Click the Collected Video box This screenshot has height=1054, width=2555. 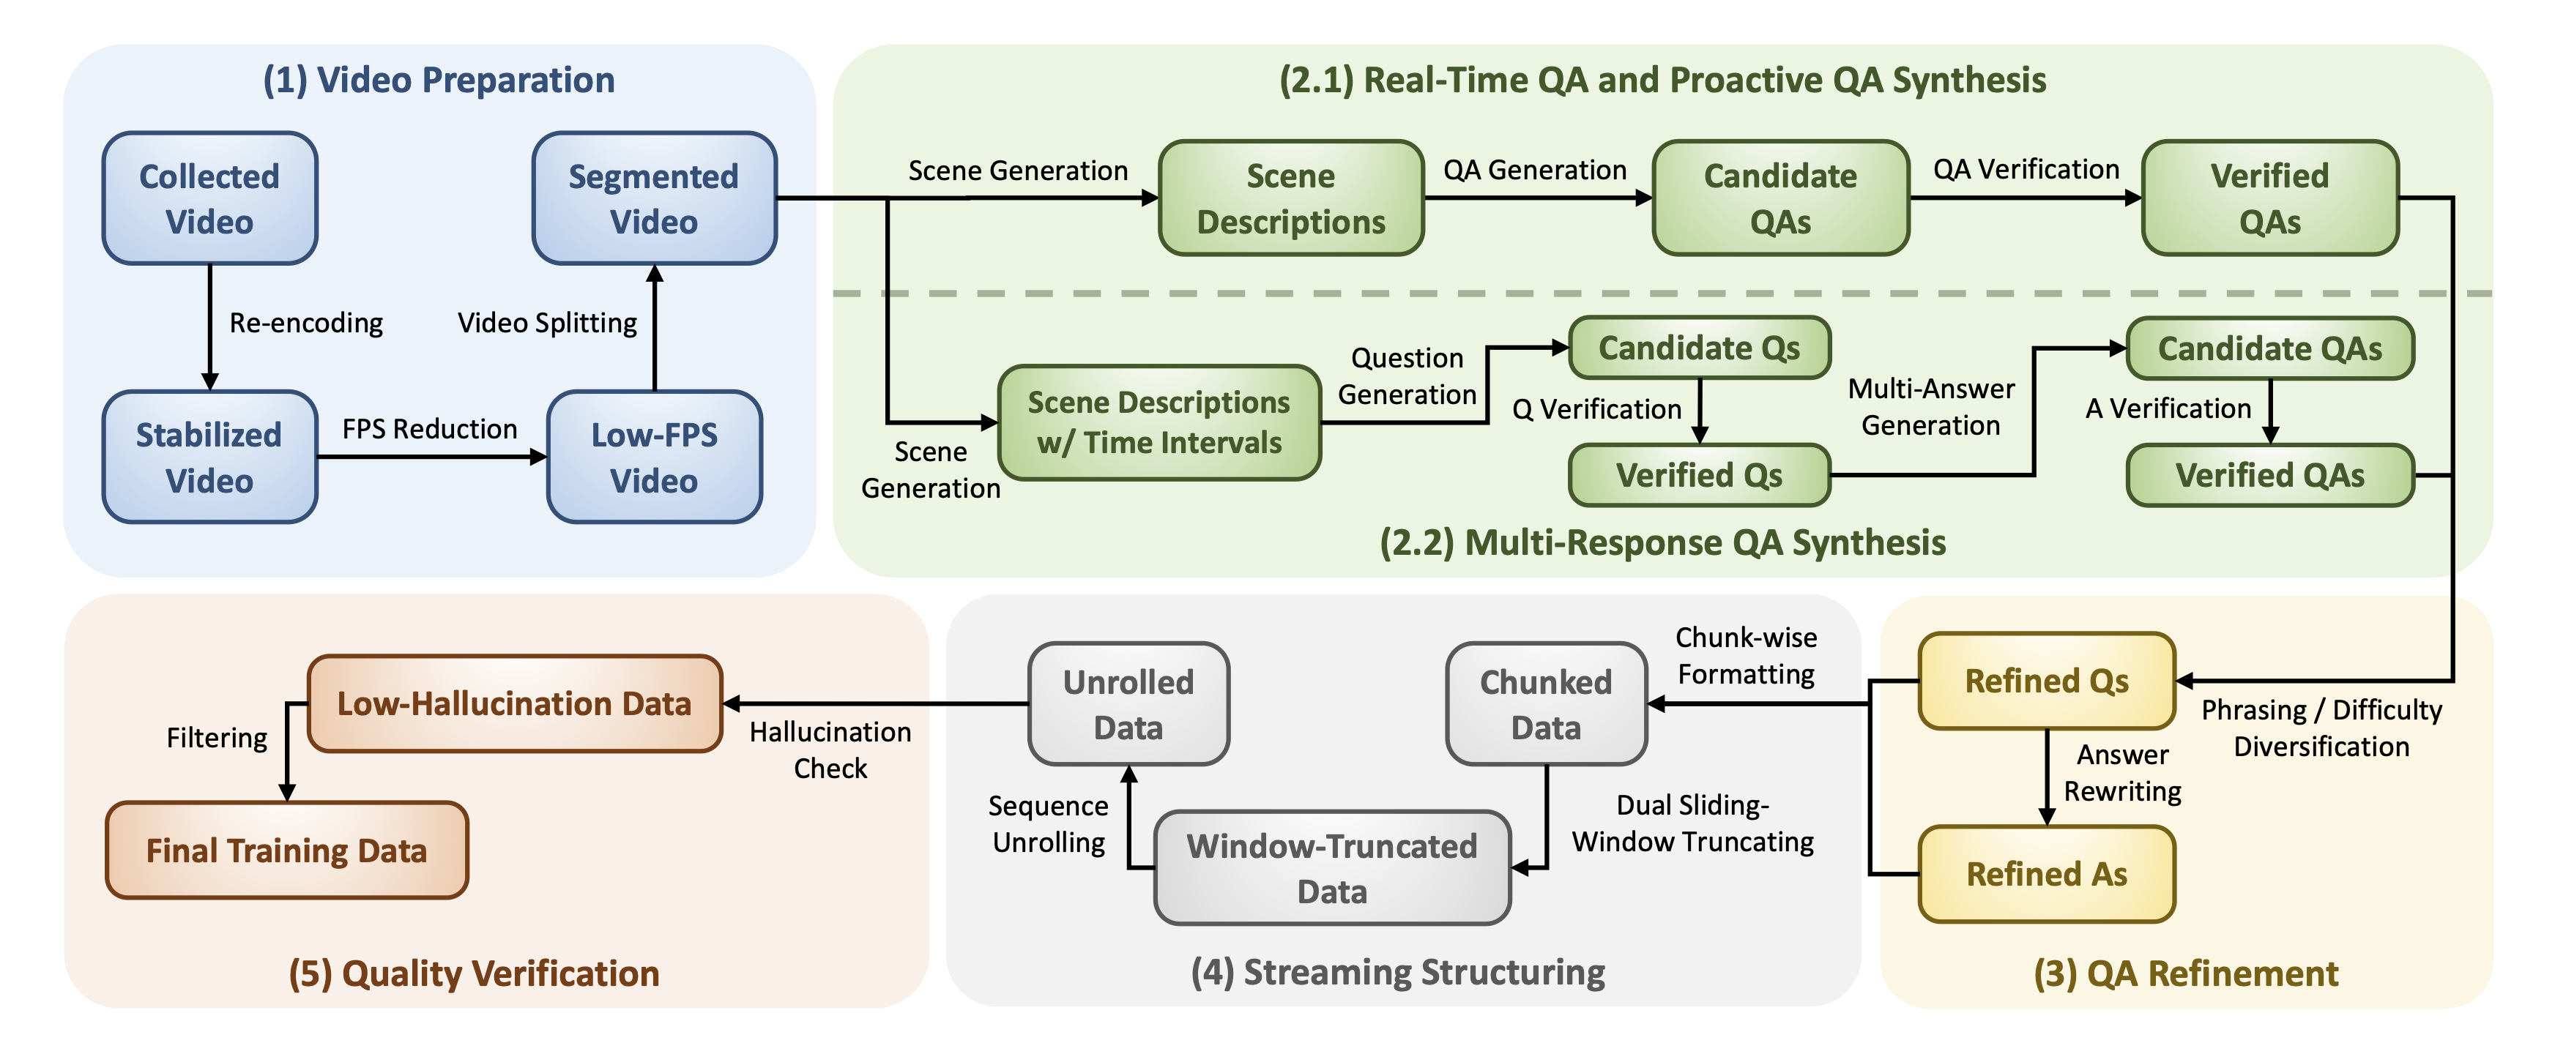tap(209, 198)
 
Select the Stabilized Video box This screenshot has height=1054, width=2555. tap(209, 457)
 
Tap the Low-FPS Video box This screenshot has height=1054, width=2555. tap(654, 457)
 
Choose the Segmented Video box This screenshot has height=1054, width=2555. tap(654, 198)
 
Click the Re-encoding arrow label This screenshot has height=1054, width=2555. tap(305, 324)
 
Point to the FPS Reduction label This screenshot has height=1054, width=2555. tap(429, 430)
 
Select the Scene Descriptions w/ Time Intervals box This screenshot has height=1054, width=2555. tap(1159, 422)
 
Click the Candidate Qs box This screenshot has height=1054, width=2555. tap(1698, 348)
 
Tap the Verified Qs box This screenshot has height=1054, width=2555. tap(1698, 475)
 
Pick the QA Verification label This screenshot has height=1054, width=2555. tap(2026, 170)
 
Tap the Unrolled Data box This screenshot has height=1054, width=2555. tap(1128, 704)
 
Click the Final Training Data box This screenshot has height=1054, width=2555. tap(286, 850)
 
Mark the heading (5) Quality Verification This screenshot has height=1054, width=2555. tap(473, 973)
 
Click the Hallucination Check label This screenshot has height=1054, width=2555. tap(830, 750)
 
